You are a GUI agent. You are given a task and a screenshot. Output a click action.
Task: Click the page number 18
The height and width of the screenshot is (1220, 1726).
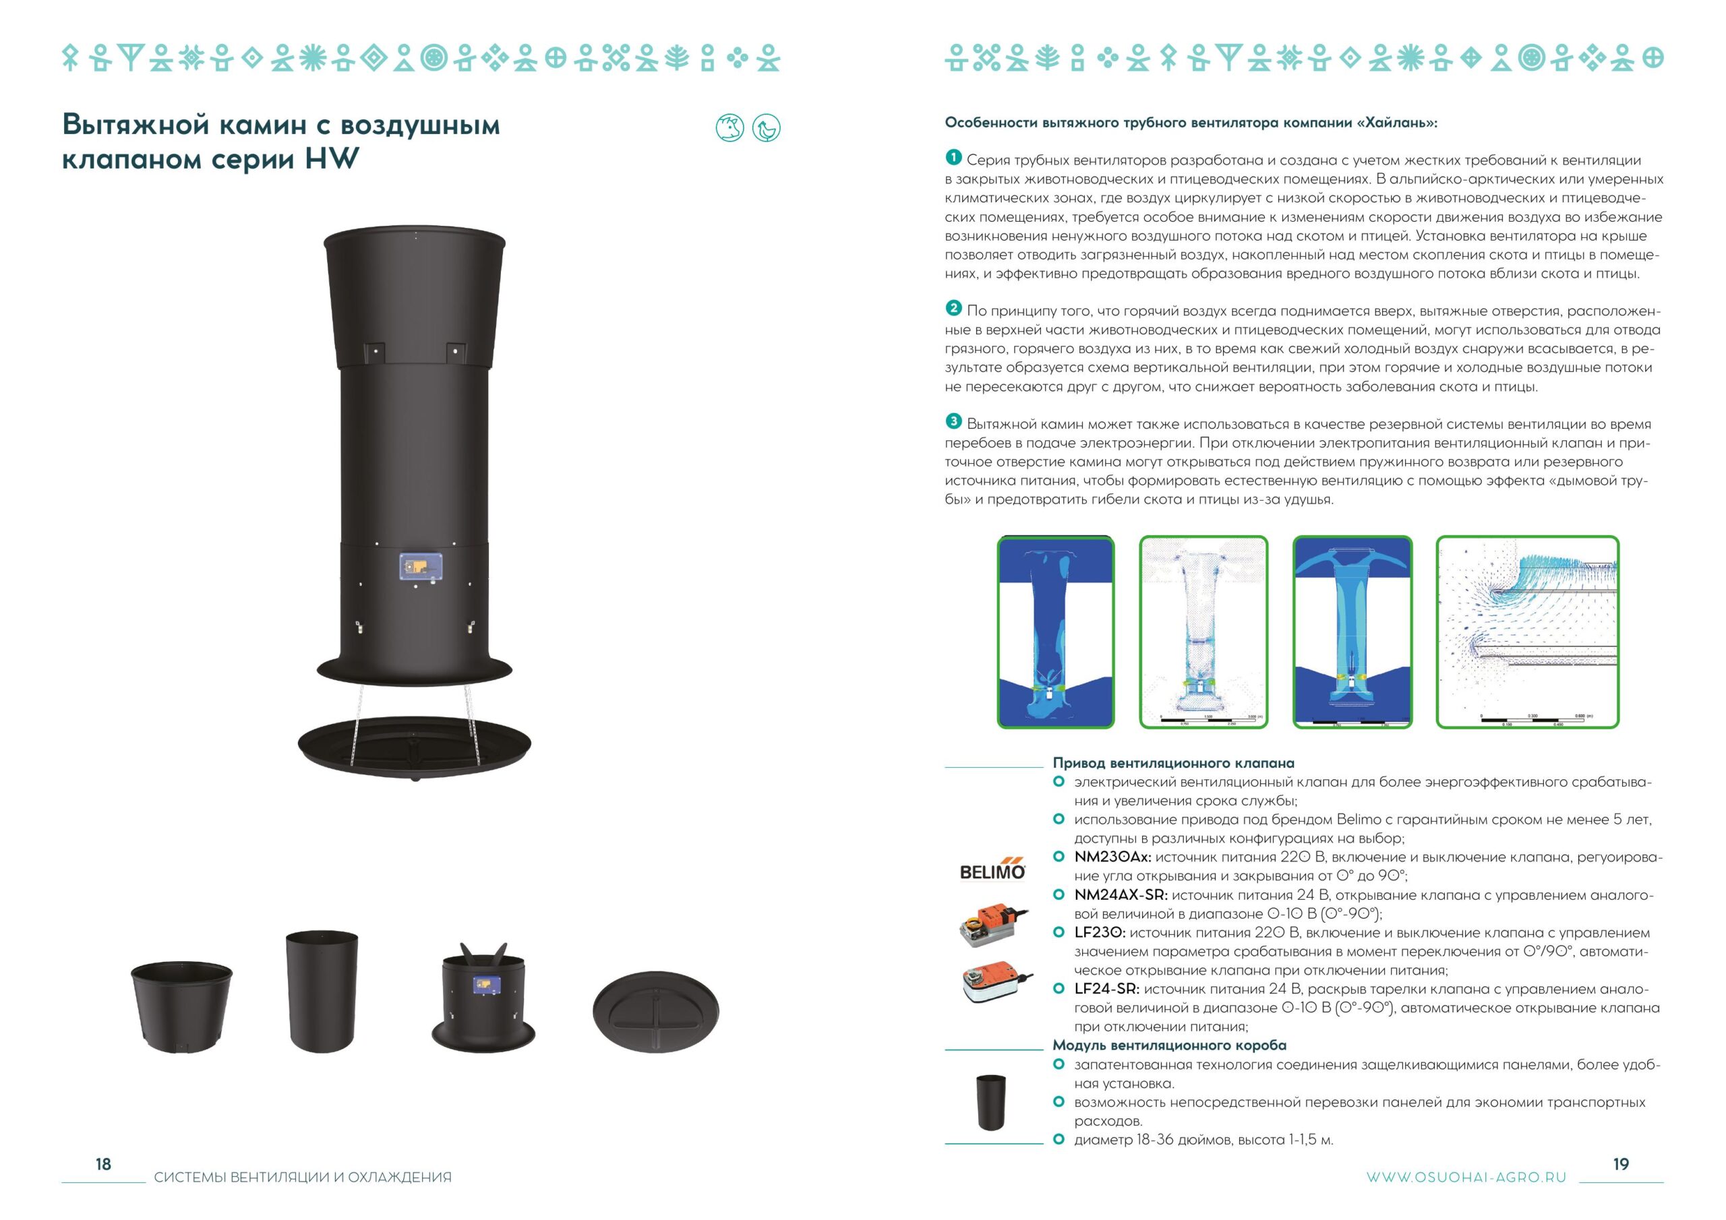[x=103, y=1163]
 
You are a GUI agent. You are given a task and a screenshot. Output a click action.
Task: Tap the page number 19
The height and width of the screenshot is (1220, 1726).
[x=1621, y=1163]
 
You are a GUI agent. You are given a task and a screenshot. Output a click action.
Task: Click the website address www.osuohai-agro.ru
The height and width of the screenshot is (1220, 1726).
[x=1466, y=1177]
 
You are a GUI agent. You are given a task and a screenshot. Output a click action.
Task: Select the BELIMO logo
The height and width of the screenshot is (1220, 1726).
[x=992, y=869]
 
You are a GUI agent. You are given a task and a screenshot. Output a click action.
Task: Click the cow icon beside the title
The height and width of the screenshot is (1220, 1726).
[x=730, y=128]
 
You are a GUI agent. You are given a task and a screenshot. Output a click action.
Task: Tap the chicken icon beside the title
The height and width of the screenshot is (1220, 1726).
[x=766, y=128]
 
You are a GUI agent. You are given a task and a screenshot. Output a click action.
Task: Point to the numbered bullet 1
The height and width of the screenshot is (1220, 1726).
[x=953, y=157]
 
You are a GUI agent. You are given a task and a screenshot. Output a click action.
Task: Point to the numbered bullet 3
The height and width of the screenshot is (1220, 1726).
[x=953, y=421]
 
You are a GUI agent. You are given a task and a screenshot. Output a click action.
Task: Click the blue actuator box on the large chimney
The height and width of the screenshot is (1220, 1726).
[x=420, y=568]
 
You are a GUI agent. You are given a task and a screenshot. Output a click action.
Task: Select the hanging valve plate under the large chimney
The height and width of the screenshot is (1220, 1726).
[x=414, y=745]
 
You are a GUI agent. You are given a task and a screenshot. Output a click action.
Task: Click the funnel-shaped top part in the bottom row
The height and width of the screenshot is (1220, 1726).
[x=181, y=1007]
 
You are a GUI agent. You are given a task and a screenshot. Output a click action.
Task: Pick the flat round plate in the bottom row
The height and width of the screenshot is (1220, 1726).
[x=655, y=1011]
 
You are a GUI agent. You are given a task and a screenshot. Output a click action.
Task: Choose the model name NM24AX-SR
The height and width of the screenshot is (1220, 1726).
[x=1121, y=895]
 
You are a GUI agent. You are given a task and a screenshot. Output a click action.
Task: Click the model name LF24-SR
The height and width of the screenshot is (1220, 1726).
[x=1106, y=989]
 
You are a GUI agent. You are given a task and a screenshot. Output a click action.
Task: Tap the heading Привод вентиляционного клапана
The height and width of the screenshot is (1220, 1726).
[x=1173, y=763]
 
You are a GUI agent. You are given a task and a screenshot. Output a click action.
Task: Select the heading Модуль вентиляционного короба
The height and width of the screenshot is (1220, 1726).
[x=1169, y=1045]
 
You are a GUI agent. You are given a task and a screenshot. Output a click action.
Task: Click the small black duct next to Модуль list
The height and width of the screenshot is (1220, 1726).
[x=991, y=1103]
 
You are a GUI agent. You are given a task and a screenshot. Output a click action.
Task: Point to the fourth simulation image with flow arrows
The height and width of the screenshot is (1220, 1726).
[x=1528, y=632]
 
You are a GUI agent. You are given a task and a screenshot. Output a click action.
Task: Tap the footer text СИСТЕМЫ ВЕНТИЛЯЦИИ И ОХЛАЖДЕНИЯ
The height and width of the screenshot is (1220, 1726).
[x=303, y=1177]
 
